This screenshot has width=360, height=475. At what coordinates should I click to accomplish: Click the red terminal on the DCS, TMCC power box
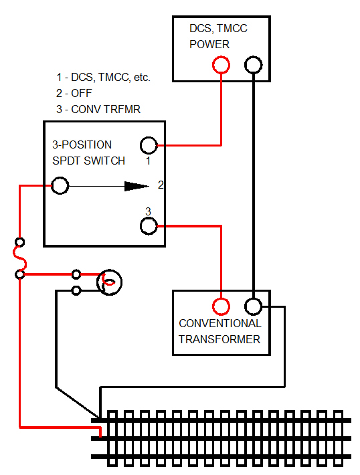point(221,65)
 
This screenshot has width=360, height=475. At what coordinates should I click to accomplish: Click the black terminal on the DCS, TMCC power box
point(253,65)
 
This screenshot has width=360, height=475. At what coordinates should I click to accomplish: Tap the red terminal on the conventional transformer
point(221,306)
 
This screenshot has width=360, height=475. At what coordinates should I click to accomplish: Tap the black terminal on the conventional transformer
point(253,306)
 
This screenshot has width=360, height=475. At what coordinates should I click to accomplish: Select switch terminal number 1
point(148,145)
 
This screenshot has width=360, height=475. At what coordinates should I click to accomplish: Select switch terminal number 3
point(148,226)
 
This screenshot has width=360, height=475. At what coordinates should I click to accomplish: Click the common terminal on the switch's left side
point(60,186)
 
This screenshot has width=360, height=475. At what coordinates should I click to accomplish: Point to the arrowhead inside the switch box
point(137,186)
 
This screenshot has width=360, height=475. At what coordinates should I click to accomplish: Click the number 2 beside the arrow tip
point(161,184)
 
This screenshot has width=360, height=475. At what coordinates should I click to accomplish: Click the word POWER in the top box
point(209,45)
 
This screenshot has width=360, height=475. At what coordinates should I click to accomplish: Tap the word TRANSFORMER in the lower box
point(219,339)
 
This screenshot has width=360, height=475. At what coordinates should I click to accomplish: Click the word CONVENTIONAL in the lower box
point(219,324)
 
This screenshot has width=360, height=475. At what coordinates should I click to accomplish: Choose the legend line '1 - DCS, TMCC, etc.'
point(103,78)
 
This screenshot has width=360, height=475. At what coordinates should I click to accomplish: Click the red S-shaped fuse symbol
point(20,258)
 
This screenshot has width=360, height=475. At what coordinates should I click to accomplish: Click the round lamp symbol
point(109,282)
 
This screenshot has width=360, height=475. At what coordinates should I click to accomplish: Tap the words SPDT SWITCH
point(88,161)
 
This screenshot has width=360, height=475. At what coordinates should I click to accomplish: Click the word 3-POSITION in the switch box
point(82,145)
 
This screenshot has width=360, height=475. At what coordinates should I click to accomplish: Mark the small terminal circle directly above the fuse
point(20,242)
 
